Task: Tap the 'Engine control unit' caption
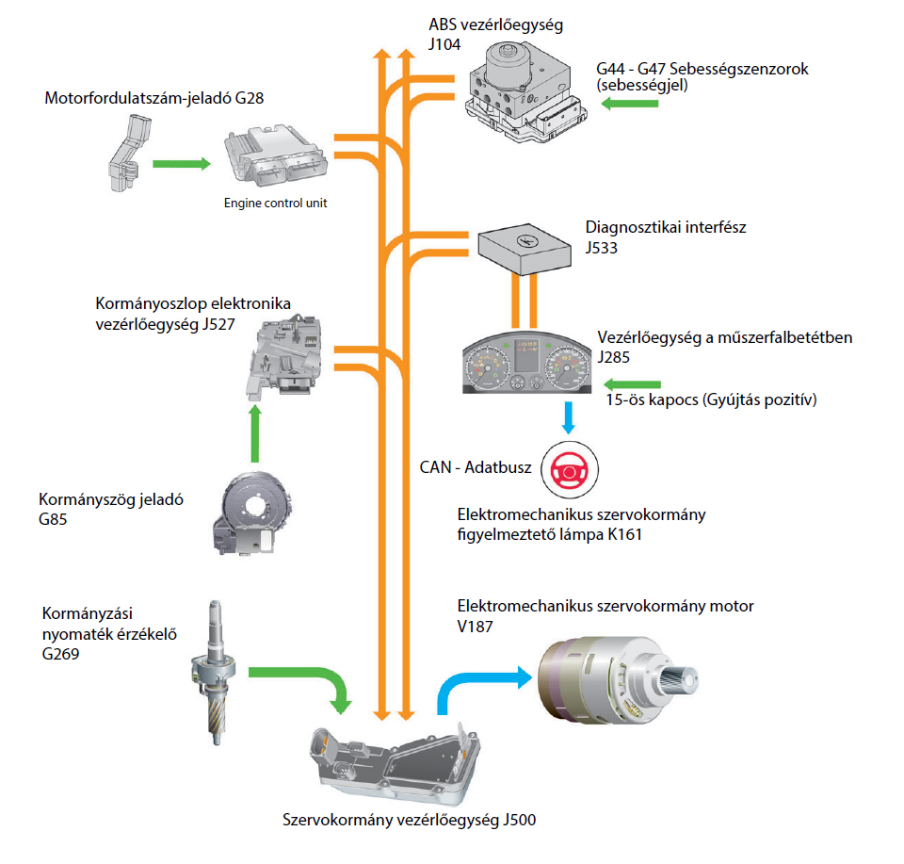(275, 203)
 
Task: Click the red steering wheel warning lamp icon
(567, 468)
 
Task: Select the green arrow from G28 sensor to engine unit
(181, 164)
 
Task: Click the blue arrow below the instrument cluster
(569, 416)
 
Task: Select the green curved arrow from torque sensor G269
(301, 678)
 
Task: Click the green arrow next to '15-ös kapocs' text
(633, 383)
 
